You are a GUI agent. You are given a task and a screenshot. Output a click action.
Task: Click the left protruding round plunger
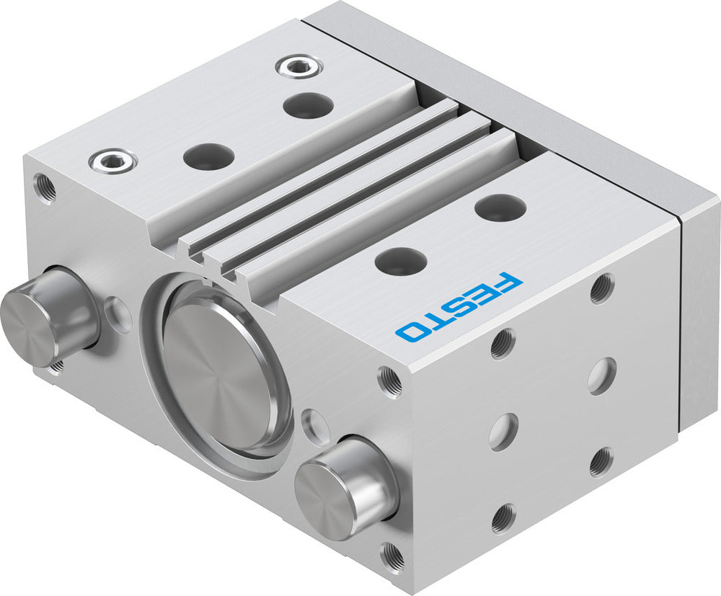coord(48,314)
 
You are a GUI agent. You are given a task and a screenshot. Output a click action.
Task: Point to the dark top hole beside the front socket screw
coord(208,156)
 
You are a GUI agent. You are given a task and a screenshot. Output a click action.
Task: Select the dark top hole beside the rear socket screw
coord(308,106)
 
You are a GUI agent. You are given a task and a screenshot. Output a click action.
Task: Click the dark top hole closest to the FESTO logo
coord(400,260)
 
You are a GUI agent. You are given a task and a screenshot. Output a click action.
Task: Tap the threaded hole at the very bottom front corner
coord(392,556)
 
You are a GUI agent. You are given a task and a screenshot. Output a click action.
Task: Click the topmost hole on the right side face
coord(602,288)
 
